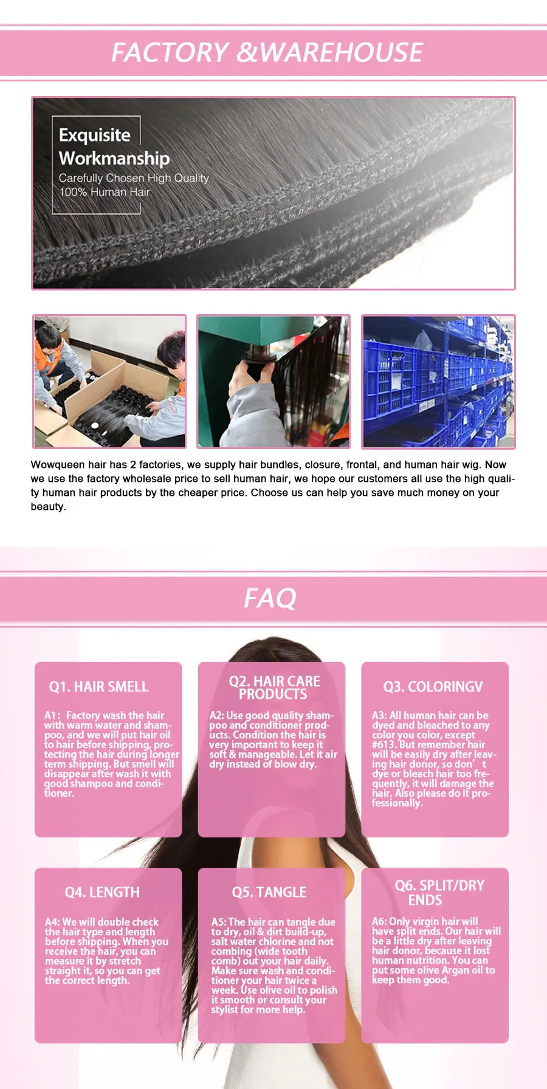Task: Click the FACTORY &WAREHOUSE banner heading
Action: (x=267, y=52)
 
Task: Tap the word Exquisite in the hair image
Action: (x=95, y=135)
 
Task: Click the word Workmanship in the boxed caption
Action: (x=114, y=159)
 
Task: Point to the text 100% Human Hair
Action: (x=105, y=192)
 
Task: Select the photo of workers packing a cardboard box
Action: (x=109, y=382)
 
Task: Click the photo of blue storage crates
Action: (x=438, y=382)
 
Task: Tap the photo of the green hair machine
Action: (x=273, y=382)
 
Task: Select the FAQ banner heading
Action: (x=270, y=599)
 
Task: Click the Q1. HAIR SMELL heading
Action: (x=98, y=687)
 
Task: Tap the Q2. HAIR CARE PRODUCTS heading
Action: (x=274, y=687)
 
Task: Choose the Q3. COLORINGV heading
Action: (x=433, y=687)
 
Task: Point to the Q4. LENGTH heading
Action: (x=102, y=892)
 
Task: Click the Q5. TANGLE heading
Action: (x=269, y=892)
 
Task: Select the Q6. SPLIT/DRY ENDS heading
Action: (x=439, y=893)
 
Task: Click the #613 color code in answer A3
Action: (x=384, y=744)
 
